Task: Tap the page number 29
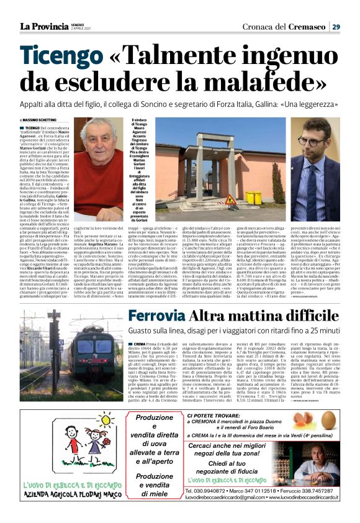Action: (x=335, y=26)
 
